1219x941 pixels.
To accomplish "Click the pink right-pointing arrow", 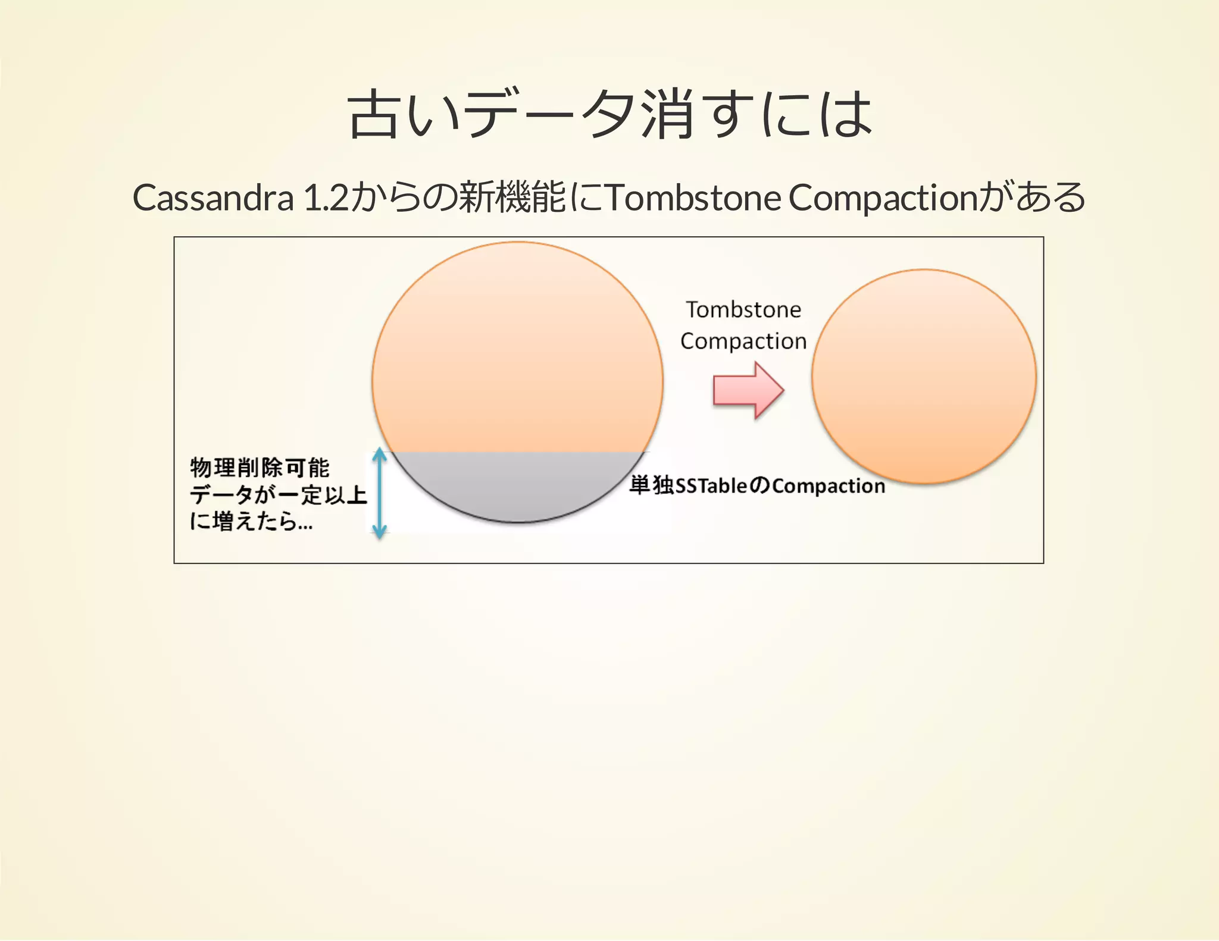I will (x=748, y=391).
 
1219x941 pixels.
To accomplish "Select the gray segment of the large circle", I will (x=518, y=485).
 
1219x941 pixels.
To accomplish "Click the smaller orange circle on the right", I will (x=924, y=376).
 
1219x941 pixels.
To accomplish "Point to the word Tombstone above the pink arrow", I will (x=743, y=310).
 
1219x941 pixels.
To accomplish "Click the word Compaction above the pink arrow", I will (x=743, y=341).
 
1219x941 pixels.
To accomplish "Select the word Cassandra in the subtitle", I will (x=213, y=197).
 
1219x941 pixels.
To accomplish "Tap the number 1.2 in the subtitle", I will (x=326, y=197).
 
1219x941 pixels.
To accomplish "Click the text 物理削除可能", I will (x=260, y=468).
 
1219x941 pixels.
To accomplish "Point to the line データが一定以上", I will (x=279, y=494).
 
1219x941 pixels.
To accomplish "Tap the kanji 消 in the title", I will (x=667, y=114).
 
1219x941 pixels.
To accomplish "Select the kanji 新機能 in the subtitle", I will (x=512, y=197).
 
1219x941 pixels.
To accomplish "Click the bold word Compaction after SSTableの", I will (x=829, y=487).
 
